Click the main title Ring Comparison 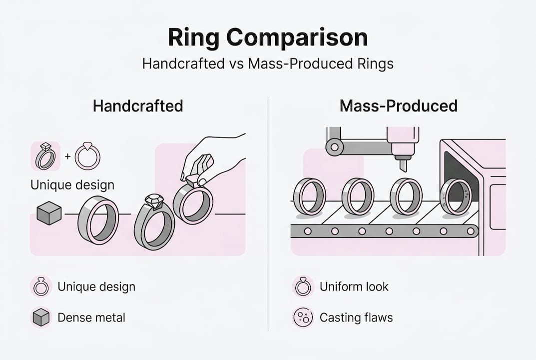click(268, 38)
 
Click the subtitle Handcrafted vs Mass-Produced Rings click(268, 64)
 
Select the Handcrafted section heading click(138, 106)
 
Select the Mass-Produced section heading click(398, 106)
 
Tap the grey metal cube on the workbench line click(49, 213)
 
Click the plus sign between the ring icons click(67, 156)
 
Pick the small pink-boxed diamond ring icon click(45, 156)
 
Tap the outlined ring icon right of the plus click(87, 156)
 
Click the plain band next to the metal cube click(98, 219)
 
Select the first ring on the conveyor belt click(309, 196)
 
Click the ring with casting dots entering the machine click(455, 196)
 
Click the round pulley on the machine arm click(334, 147)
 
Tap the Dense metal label click(91, 317)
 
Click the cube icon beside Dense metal click(41, 317)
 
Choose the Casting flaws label click(356, 317)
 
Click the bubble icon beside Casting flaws click(303, 317)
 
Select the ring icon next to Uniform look click(303, 286)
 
